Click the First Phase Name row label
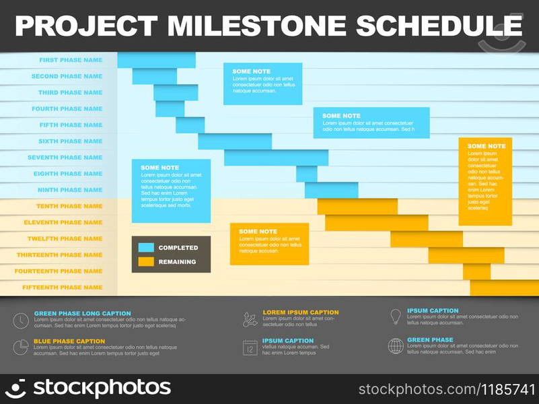71,60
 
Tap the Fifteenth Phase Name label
63,288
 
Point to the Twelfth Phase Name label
65,238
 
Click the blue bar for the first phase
156,60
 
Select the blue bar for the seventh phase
276,158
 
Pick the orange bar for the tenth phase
357,206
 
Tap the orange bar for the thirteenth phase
466,255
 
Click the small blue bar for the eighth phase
306,174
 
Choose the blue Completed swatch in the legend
146,248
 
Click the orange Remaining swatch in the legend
146,262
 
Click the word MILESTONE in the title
256,26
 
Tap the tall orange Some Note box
485,182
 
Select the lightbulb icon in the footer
396,316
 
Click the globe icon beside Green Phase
396,346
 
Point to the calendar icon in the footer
250,347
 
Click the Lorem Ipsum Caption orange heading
300,312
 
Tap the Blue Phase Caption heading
69,341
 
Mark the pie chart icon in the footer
21,347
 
